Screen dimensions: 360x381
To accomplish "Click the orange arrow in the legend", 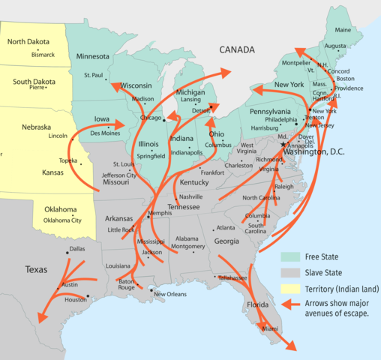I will point(293,304).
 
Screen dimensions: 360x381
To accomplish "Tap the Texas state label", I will point(36,268).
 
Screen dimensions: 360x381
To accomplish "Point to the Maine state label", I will point(343,30).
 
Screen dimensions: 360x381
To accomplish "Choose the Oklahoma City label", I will point(62,220).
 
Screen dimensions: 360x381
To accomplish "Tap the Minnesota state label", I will point(93,56).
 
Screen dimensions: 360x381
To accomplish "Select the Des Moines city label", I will point(105,133).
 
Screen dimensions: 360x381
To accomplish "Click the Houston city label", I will point(76,300).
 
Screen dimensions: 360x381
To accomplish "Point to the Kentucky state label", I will point(194,182).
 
